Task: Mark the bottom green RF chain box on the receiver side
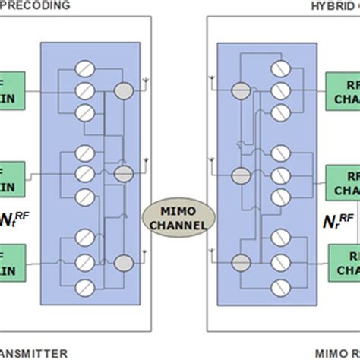pos(344,261)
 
